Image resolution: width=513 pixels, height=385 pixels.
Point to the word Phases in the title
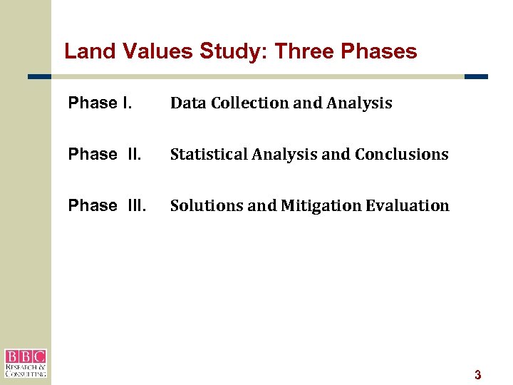pyautogui.click(x=379, y=51)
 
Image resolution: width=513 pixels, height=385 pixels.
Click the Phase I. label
pyautogui.click(x=100, y=103)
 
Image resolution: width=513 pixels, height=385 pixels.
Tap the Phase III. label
pyautogui.click(x=108, y=205)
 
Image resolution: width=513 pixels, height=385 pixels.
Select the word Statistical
pyautogui.click(x=207, y=154)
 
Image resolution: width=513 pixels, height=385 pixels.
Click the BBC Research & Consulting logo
pyautogui.click(x=26, y=363)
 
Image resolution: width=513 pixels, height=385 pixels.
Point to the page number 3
pyautogui.click(x=478, y=375)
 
